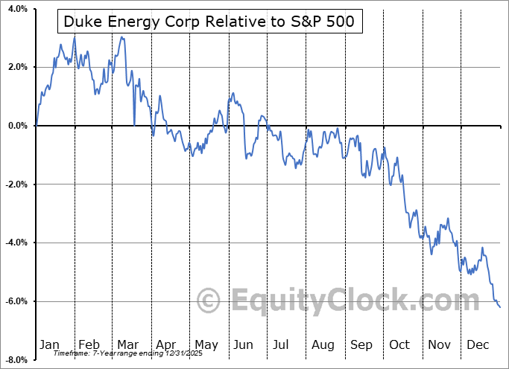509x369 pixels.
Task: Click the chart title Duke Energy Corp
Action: (x=209, y=22)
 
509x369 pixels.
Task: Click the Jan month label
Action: (x=49, y=344)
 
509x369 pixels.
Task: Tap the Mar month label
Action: (x=127, y=344)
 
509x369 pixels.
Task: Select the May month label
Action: (x=206, y=344)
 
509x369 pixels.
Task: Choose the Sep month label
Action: (x=361, y=344)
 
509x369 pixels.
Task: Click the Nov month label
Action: (x=440, y=344)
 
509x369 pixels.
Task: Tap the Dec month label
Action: (x=478, y=344)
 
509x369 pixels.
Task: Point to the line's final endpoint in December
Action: (x=500, y=307)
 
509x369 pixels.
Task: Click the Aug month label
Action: (x=323, y=344)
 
